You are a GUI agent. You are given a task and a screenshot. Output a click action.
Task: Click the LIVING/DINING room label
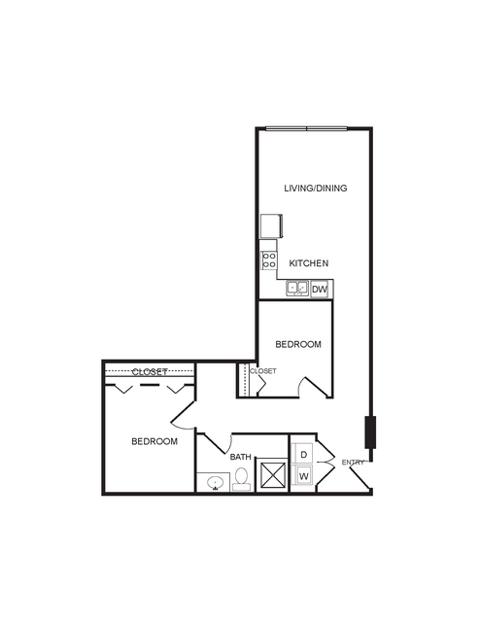click(316, 189)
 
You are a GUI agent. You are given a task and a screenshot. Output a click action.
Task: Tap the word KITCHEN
click(309, 263)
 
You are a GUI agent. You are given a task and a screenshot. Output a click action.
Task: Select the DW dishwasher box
click(320, 289)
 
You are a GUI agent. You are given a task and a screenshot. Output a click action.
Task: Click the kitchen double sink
click(297, 288)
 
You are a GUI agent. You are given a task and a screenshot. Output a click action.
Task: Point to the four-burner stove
click(269, 260)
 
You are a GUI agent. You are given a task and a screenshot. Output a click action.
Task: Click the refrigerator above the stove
click(271, 226)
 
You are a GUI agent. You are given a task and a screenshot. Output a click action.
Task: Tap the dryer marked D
click(303, 454)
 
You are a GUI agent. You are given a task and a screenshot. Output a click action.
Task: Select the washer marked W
click(303, 475)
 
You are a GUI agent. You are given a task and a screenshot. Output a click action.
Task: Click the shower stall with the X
click(272, 475)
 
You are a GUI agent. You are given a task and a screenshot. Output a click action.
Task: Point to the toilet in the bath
click(241, 479)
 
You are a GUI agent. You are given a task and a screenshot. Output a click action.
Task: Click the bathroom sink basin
click(215, 483)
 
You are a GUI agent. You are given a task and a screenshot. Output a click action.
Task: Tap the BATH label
click(240, 457)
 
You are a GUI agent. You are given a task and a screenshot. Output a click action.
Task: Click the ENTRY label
click(353, 463)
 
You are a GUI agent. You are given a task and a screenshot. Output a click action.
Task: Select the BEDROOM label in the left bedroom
click(154, 441)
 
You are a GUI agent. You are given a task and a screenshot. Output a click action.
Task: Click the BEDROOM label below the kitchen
click(298, 345)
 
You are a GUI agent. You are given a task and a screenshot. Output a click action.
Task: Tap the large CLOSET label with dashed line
click(150, 372)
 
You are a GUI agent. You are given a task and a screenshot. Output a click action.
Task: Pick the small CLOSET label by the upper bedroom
click(263, 371)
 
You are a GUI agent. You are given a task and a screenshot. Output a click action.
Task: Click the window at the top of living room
click(306, 128)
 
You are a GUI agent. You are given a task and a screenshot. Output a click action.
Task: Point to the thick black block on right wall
click(371, 432)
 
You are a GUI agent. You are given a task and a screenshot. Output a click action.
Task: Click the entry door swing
click(360, 477)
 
